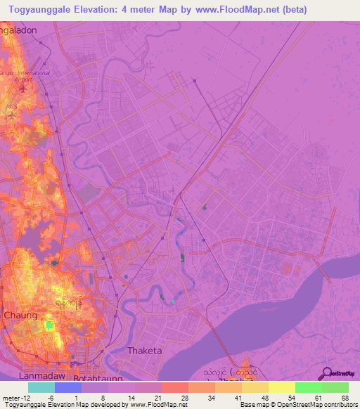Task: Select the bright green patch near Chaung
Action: tap(49, 325)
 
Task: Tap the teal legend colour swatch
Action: tap(41, 387)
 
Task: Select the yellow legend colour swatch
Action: tap(281, 387)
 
